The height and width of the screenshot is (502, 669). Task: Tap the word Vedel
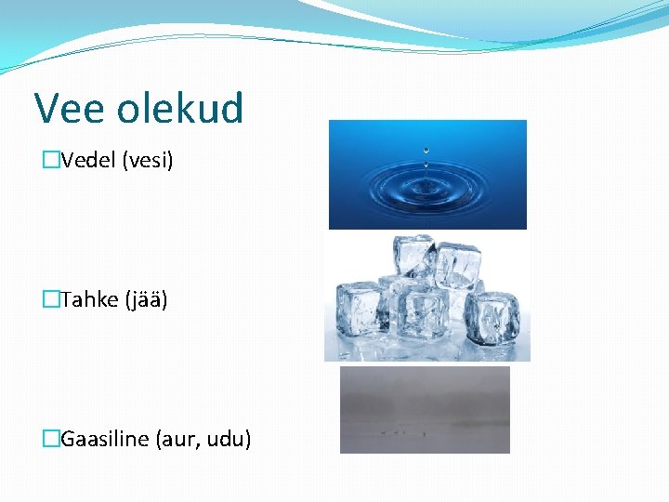88,161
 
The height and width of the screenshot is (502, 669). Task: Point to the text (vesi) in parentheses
148,161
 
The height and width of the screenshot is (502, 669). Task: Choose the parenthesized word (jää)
145,299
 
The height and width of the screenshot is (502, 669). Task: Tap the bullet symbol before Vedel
51,161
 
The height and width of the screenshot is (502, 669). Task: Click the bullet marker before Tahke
51,299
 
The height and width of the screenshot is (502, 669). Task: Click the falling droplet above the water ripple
426,150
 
